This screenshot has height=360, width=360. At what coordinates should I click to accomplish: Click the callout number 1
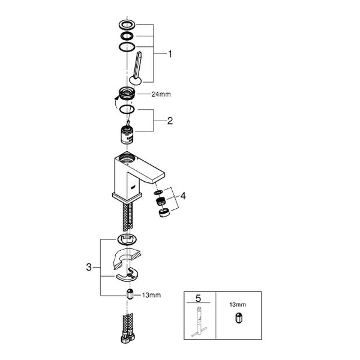pos(170,54)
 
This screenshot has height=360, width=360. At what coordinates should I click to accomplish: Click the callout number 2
pos(170,121)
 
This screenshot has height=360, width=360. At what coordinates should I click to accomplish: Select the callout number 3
pos(89,267)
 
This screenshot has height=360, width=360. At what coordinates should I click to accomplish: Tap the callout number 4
pos(183,196)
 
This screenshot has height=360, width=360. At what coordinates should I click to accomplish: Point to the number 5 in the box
pos(198,298)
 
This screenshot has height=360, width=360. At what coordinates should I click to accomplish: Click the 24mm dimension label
pos(161,94)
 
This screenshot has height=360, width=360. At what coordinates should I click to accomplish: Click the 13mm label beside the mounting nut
pos(151,295)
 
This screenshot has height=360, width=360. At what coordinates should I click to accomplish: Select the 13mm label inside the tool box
pos(238,305)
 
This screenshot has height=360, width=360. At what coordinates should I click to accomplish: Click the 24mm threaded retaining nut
pos(127,94)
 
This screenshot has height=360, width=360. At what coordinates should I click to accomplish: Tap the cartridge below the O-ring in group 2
pos(127,133)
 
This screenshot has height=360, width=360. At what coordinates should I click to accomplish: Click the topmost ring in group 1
pos(127,25)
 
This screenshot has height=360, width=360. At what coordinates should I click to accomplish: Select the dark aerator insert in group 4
pos(161,202)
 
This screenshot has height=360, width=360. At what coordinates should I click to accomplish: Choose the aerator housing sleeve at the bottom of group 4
pos(164,212)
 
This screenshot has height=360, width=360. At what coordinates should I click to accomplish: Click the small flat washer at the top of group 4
pos(158,192)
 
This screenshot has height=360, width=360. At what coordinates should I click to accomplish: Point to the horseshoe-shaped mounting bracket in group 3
pos(127,275)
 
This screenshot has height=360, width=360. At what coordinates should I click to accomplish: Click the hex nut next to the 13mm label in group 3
pos(130,294)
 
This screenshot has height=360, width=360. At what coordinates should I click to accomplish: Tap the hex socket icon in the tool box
pos(239,318)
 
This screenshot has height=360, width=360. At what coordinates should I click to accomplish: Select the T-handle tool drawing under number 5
pos(199,322)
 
